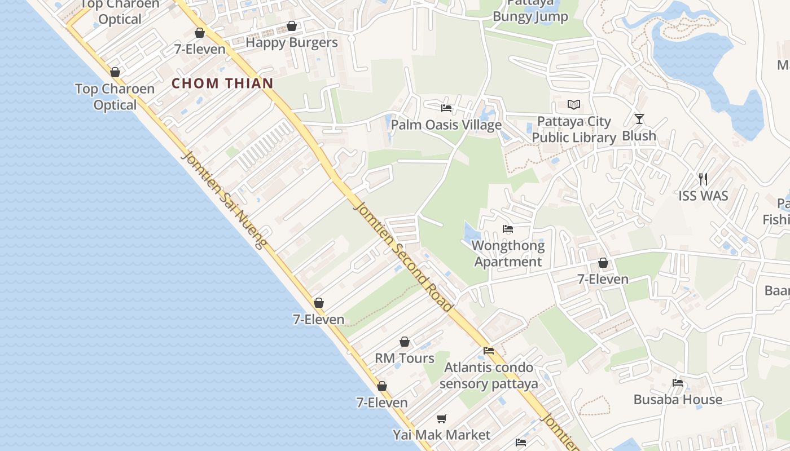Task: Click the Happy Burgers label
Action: click(291, 42)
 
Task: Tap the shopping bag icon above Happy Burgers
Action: click(292, 26)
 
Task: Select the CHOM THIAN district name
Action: click(222, 83)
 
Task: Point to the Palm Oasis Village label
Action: click(446, 125)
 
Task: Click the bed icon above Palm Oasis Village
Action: click(446, 108)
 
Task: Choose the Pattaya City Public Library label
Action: click(574, 130)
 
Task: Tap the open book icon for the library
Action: click(574, 105)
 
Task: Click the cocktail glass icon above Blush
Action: click(639, 118)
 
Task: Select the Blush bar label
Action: click(639, 136)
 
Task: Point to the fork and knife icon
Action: click(703, 179)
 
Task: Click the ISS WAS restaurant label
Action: click(703, 196)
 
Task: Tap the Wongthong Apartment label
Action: click(508, 254)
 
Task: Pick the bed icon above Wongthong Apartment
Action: click(508, 229)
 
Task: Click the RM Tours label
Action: click(405, 358)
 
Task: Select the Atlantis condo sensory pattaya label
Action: click(489, 375)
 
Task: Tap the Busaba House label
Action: click(678, 400)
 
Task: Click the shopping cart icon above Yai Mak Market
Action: click(442, 418)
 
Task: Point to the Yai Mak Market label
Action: click(442, 435)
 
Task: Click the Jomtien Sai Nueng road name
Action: click(223, 200)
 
